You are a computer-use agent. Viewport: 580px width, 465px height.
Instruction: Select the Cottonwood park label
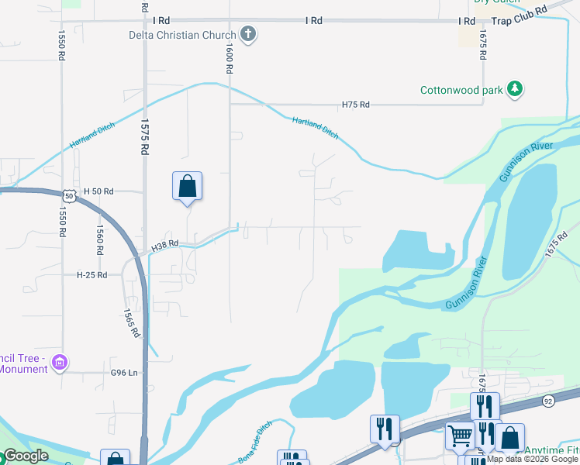coord(462,90)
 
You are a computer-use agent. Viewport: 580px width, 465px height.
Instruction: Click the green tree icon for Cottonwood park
coord(514,90)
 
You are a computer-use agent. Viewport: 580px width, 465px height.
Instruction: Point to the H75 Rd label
coord(356,105)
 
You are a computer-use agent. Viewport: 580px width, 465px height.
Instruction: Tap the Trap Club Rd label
coord(519,14)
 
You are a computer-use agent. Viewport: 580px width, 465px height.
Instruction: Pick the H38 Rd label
coord(164,244)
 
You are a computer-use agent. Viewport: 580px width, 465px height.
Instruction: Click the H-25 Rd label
coord(91,275)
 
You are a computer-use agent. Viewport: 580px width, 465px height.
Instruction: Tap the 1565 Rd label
coord(132,322)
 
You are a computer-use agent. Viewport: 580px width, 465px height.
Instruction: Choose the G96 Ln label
coord(124,373)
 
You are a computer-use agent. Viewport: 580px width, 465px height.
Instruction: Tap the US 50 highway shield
coord(69,197)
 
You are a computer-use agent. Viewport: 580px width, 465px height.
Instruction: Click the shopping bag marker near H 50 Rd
coord(187,186)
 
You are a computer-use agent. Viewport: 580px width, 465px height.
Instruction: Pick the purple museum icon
coord(60,362)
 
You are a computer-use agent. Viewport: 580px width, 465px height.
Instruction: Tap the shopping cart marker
coord(460,436)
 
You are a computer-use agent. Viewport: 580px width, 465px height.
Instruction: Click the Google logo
coord(26,456)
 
